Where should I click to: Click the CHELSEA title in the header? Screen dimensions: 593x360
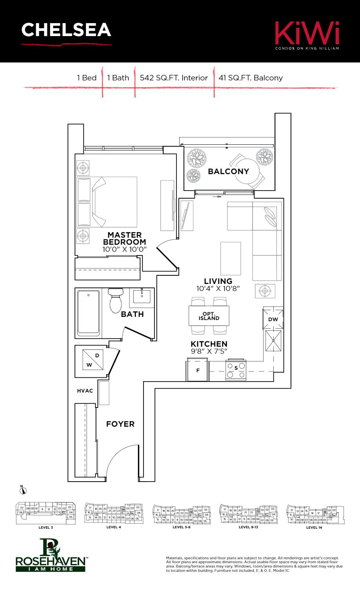66,30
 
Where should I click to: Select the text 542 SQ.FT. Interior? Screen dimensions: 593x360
174,78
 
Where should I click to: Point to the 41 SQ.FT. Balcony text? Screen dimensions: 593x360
251,78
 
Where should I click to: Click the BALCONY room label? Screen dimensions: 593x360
228,171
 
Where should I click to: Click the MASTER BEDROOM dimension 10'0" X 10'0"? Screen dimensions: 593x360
124,249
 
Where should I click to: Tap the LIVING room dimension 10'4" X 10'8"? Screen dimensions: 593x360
218,289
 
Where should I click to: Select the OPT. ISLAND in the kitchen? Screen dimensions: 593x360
209,316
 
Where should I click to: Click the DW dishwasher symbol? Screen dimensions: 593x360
273,319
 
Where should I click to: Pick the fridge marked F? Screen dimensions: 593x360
198,370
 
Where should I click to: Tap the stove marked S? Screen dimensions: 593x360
236,370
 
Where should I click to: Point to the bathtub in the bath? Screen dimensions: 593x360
88,313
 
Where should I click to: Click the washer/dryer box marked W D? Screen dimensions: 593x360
93,360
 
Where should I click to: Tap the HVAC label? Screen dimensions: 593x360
85,391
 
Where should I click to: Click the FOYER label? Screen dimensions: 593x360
120,424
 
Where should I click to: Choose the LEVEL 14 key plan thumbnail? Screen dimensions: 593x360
315,514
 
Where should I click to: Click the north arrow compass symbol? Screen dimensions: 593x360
23,490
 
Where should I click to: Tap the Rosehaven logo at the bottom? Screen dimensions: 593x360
50,555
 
